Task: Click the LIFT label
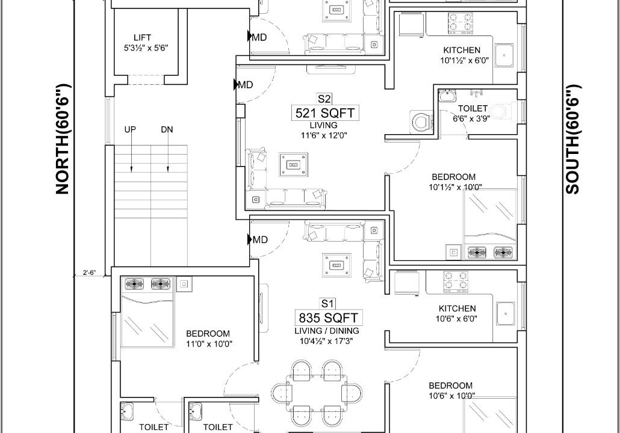142,37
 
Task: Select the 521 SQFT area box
325,114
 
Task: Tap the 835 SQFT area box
328,318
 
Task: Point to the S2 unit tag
324,99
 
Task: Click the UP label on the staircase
130,129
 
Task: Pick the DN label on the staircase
167,129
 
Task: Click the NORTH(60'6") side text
63,139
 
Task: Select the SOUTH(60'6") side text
572,139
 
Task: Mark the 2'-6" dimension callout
89,272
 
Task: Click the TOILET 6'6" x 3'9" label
472,113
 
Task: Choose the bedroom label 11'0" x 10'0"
209,339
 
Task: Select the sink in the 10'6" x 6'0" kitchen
506,313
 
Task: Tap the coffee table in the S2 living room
293,164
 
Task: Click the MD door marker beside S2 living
244,85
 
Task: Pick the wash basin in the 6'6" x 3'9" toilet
448,96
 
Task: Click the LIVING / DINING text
327,331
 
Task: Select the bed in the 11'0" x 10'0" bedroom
147,313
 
